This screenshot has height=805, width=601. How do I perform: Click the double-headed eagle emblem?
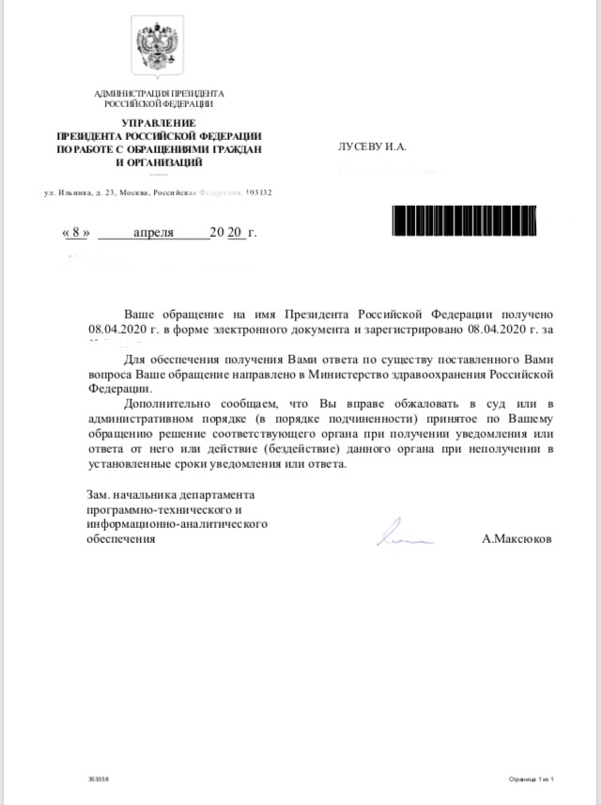click(x=159, y=48)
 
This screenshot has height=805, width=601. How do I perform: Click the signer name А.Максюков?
click(x=517, y=540)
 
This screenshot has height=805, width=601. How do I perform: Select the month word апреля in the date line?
click(x=153, y=232)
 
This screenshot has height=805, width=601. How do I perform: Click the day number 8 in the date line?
click(x=76, y=232)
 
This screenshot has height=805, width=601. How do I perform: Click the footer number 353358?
click(x=98, y=780)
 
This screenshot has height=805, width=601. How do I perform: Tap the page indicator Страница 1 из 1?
click(x=532, y=780)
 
